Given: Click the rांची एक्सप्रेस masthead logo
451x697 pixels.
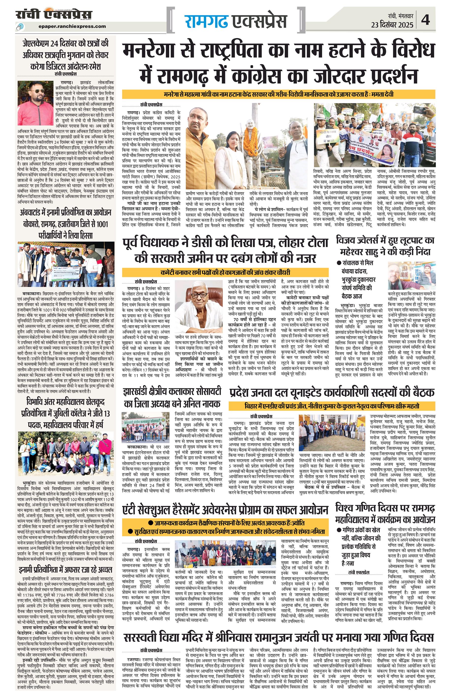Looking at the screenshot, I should [x=54, y=14].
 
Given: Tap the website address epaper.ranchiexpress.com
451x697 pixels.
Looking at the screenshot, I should [x=72, y=26].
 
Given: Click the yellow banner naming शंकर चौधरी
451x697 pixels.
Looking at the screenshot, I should [x=225, y=272].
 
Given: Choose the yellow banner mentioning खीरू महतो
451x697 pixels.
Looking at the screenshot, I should [x=332, y=406].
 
